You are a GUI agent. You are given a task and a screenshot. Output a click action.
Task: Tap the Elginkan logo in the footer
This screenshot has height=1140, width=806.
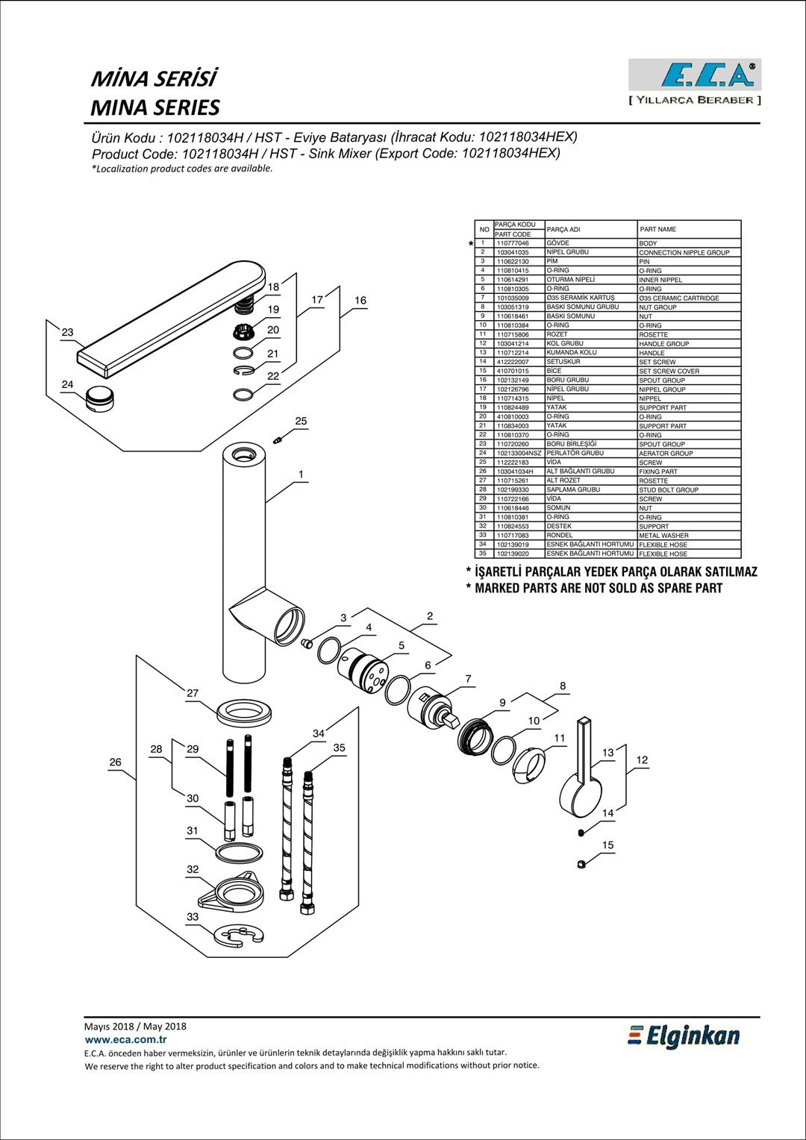pyautogui.click(x=684, y=1036)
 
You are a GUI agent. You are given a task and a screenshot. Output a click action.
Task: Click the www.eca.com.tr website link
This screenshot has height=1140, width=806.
pyautogui.click(x=126, y=1040)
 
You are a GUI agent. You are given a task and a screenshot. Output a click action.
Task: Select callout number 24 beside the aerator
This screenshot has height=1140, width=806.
pyautogui.click(x=67, y=385)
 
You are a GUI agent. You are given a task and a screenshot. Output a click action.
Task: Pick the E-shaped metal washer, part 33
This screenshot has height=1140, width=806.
pyautogui.click(x=240, y=936)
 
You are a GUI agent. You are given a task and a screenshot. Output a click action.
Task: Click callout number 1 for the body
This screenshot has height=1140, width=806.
pyautogui.click(x=301, y=475)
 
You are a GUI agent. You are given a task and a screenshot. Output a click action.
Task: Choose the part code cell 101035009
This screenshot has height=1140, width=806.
pyautogui.click(x=513, y=298)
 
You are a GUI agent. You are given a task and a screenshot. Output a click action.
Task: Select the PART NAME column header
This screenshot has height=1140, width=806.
pyautogui.click(x=657, y=230)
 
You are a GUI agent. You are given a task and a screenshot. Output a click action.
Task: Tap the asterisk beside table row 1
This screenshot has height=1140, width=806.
pyautogui.click(x=471, y=244)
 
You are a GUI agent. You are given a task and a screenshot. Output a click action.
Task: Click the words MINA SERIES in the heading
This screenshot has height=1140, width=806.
pyautogui.click(x=155, y=107)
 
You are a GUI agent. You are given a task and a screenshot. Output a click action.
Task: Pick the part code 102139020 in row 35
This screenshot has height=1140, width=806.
pyautogui.click(x=513, y=554)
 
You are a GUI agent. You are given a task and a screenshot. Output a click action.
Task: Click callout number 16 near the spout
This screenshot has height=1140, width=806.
pyautogui.click(x=360, y=300)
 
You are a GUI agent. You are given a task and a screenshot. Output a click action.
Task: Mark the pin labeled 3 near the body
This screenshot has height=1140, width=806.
pyautogui.click(x=307, y=644)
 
